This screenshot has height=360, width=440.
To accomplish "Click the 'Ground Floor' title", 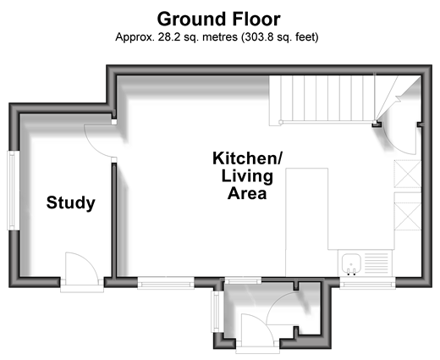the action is (x=218, y=19).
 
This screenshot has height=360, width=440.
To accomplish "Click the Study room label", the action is (x=71, y=202).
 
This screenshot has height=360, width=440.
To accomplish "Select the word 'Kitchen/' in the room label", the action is (x=247, y=158).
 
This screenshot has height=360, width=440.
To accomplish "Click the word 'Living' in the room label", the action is (x=247, y=176).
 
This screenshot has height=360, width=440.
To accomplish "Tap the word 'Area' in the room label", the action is (x=247, y=193).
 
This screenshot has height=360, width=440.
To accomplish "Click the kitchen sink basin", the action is (x=351, y=264).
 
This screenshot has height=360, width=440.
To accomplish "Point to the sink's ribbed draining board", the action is (x=377, y=263).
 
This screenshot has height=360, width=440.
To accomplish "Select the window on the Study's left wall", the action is (x=13, y=191).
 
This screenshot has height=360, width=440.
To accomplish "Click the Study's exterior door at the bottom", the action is (x=82, y=270).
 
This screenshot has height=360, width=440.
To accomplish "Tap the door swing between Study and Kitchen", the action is (x=100, y=141).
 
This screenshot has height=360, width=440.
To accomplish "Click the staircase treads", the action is (x=322, y=99).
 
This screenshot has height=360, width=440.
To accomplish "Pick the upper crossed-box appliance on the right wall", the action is (x=408, y=174).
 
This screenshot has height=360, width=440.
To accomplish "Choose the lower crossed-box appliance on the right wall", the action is (x=408, y=216).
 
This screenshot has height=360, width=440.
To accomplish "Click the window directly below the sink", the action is (x=367, y=283).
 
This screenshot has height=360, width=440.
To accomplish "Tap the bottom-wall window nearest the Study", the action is (x=166, y=283).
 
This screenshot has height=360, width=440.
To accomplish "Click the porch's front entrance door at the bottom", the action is (x=257, y=333).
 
